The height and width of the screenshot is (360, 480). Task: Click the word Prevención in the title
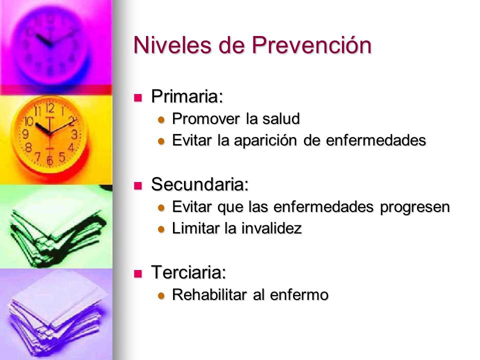click(x=311, y=45)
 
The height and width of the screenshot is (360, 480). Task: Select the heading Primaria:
click(x=187, y=96)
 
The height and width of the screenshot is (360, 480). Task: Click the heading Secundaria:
click(x=199, y=184)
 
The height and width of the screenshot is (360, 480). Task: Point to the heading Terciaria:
click(x=188, y=272)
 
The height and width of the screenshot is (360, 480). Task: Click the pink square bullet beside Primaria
click(x=138, y=97)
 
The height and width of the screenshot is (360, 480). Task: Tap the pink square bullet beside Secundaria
click(x=138, y=185)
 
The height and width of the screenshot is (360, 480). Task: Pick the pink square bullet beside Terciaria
click(x=138, y=273)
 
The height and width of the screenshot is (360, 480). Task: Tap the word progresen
click(x=415, y=207)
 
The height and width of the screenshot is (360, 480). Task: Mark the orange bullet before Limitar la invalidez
click(x=161, y=229)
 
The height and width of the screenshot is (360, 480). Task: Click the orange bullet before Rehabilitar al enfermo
click(x=161, y=296)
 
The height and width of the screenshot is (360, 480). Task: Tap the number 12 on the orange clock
click(x=50, y=108)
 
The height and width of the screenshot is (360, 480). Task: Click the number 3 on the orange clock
click(x=74, y=134)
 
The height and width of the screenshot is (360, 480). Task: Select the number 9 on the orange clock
click(x=25, y=134)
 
